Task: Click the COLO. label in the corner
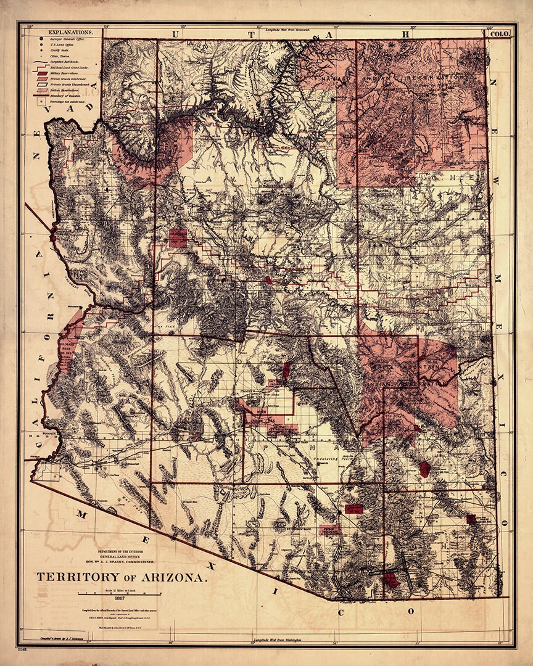pyautogui.click(x=499, y=34)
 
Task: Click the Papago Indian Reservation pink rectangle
pyautogui.click(x=330, y=530)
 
